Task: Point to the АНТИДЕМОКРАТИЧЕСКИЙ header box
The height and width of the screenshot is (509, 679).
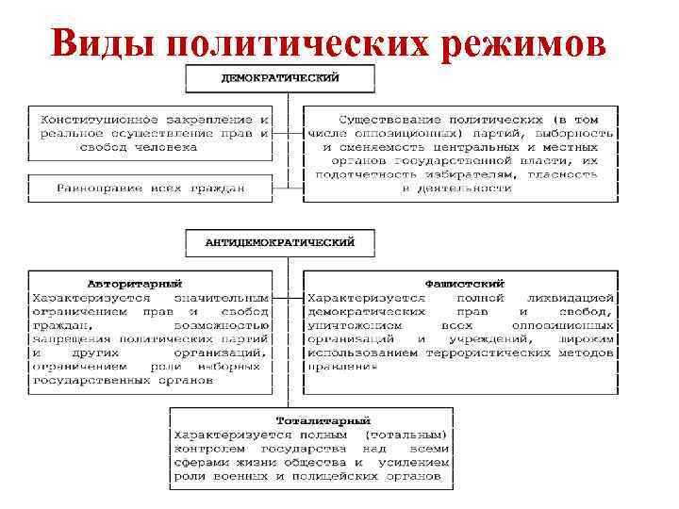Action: [x=280, y=241]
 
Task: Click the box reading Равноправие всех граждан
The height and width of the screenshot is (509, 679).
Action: [x=150, y=188]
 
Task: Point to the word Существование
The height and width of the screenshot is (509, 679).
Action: [x=389, y=120]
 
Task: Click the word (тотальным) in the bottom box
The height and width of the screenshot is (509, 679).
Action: [x=406, y=434]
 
